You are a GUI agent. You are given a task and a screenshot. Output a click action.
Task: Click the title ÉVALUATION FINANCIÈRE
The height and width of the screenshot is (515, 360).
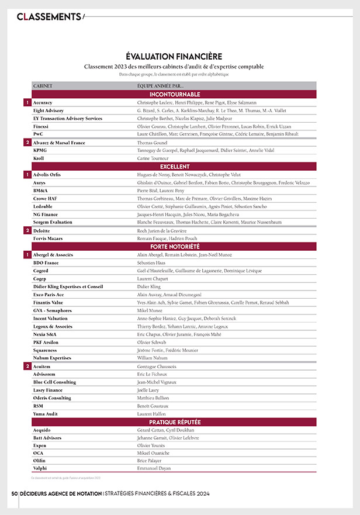point(174,57)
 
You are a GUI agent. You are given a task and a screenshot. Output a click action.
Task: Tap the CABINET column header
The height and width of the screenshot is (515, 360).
point(43,86)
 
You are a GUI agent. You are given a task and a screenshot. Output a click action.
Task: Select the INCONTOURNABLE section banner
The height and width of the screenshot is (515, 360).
point(175,94)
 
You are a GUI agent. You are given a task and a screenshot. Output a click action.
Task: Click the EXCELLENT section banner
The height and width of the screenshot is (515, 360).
point(175,167)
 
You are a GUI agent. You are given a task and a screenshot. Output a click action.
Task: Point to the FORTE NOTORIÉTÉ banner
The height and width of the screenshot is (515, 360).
point(175,247)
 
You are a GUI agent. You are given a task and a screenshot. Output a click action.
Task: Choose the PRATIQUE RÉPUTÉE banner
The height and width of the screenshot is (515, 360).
point(175,421)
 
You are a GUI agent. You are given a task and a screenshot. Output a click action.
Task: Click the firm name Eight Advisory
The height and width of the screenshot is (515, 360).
point(49,110)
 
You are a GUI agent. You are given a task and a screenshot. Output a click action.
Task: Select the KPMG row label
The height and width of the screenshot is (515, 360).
point(41,150)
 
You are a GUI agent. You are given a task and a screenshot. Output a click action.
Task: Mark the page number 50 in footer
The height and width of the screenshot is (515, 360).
point(14,494)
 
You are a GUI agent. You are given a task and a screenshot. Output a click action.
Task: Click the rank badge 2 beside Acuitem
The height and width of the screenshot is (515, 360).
point(27,366)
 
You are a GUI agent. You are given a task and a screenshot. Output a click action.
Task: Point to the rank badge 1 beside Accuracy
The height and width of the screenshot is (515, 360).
point(27,102)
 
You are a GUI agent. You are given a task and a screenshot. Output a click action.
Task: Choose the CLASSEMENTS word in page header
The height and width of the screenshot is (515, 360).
point(49,16)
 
